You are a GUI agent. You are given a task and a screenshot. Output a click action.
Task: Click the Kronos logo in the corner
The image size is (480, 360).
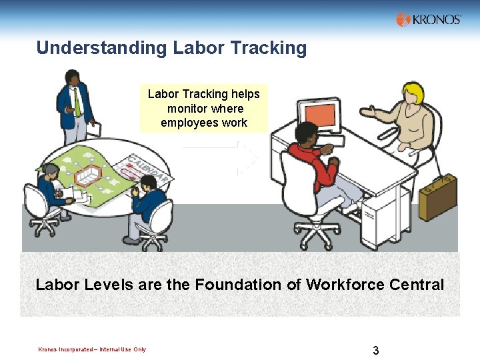[x=428, y=19]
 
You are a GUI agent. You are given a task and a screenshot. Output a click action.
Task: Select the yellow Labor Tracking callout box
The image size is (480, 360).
[x=203, y=108]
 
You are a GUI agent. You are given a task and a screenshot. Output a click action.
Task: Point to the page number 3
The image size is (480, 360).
[x=376, y=350]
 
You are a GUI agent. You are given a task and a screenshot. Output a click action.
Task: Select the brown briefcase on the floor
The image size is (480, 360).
[x=437, y=197]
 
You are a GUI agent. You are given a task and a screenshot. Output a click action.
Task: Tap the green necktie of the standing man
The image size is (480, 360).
[x=77, y=103]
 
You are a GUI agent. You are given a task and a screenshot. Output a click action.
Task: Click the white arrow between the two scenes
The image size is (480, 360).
[x=247, y=157]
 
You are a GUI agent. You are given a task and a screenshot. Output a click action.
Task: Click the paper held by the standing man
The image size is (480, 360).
[x=94, y=128]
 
